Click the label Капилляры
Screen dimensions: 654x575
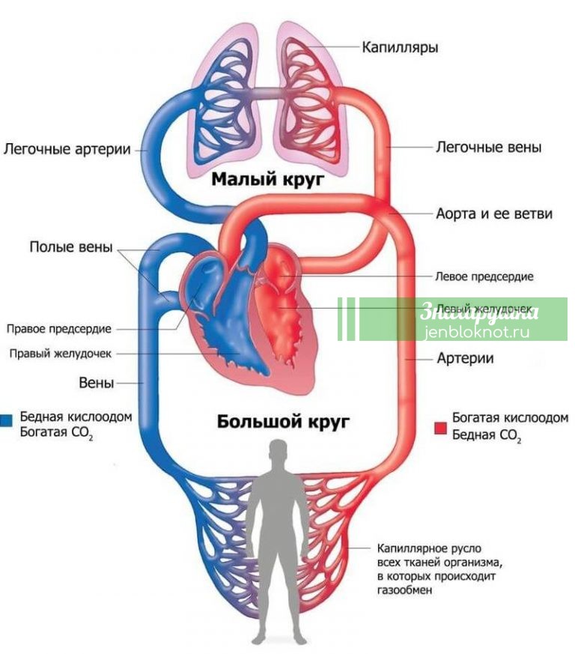click(x=400, y=47)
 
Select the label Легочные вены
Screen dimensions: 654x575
click(x=488, y=148)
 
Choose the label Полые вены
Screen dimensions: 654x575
click(x=72, y=248)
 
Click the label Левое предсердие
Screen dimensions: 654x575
click(x=484, y=276)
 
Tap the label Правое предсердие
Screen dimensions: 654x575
click(x=59, y=328)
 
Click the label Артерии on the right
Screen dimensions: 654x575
click(x=465, y=358)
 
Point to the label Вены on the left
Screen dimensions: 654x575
click(x=97, y=383)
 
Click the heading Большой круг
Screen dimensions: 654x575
click(x=284, y=421)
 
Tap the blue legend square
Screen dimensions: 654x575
click(x=6, y=419)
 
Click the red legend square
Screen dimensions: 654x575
click(x=440, y=427)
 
